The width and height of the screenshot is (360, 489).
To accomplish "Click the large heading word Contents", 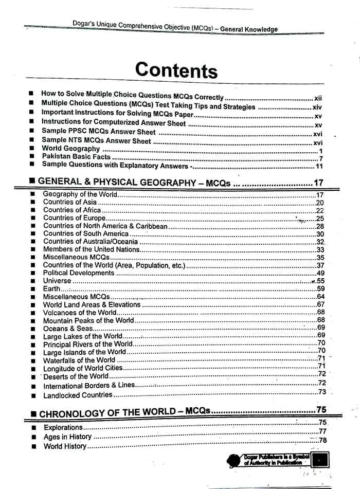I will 176,70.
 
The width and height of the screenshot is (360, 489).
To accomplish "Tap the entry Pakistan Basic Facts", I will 77,157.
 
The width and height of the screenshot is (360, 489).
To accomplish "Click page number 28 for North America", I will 320,226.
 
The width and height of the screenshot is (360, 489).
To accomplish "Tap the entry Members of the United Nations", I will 91,249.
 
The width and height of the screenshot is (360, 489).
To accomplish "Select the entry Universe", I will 57,281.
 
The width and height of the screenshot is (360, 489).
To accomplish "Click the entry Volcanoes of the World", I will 80,313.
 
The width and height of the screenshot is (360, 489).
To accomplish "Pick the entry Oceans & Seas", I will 68,329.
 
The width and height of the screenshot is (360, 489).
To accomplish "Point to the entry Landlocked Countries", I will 78,395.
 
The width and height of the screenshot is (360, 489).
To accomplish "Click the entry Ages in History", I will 67,437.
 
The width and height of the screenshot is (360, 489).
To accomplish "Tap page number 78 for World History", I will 322,441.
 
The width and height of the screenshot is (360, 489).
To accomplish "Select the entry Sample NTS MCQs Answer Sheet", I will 96,140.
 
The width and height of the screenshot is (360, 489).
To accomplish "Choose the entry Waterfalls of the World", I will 79,360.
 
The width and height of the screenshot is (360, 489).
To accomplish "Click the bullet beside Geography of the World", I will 33,194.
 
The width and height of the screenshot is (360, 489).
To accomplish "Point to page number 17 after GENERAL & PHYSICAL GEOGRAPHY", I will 318,183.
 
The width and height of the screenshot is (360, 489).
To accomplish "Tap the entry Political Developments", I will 78,273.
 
